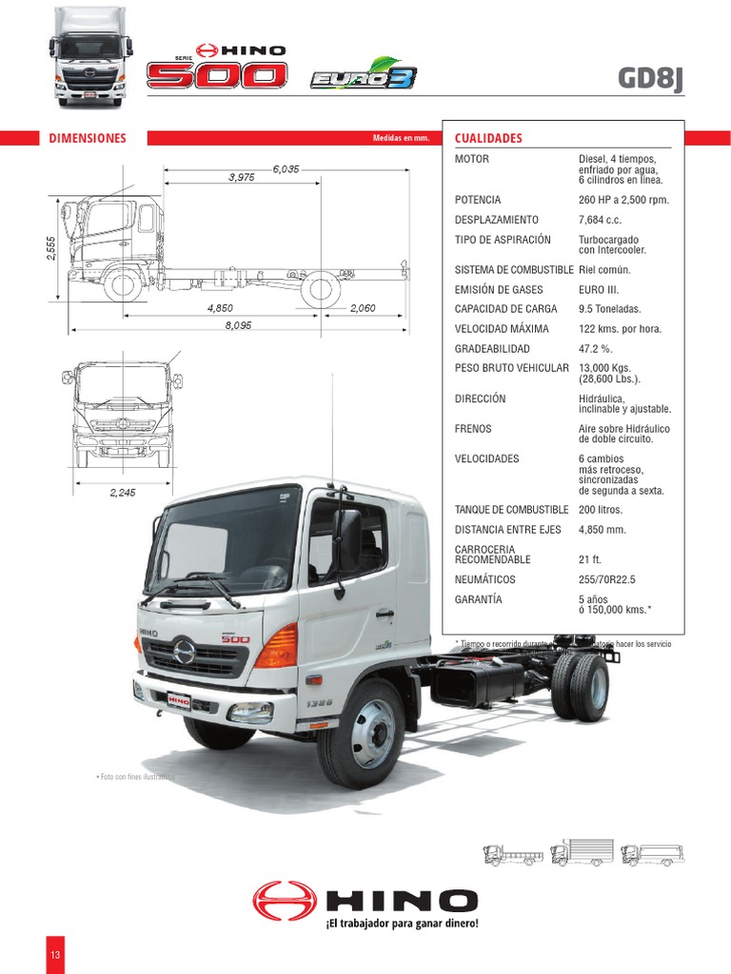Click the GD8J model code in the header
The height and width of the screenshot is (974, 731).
650,78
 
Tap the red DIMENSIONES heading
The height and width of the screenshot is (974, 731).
88,138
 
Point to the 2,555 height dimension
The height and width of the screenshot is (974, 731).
52,247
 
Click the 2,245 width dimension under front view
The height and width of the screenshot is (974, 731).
124,492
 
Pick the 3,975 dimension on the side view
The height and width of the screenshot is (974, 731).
242,177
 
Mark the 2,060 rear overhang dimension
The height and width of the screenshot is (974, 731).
363,308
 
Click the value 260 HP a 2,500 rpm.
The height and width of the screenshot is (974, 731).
623,200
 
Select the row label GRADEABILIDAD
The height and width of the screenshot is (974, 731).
492,349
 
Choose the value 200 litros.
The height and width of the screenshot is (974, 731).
605,510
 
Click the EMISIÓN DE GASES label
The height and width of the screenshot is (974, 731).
499,289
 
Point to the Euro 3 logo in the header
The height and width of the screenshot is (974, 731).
349,74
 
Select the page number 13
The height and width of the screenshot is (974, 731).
55,954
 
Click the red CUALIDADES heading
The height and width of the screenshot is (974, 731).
488,138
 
